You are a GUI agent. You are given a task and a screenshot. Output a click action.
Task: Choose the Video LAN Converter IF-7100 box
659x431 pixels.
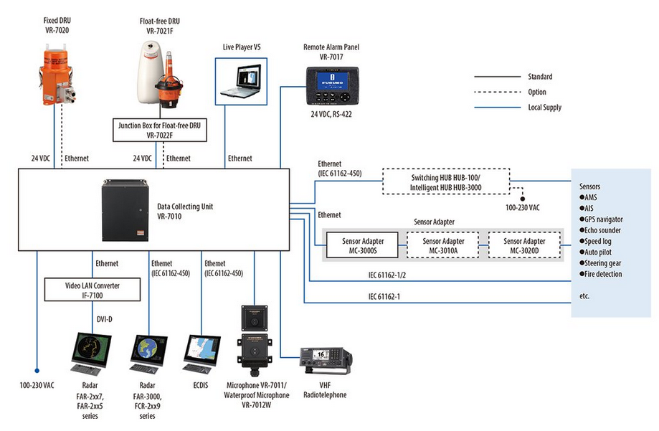tap(93, 290)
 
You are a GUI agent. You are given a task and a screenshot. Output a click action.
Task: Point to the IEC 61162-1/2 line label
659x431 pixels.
tap(388, 275)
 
